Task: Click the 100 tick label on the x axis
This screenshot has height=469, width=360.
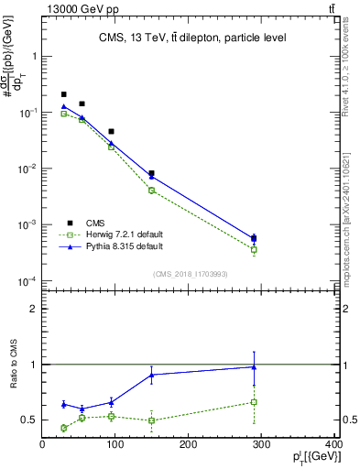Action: tap(115, 445)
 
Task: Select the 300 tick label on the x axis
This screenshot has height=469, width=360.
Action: tap(261, 445)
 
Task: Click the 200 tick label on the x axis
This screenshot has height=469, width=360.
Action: tap(189, 445)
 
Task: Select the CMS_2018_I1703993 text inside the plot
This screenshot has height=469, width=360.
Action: tap(191, 273)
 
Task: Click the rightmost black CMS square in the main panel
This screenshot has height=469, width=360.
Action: tap(254, 238)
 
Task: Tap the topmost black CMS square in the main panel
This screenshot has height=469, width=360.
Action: tap(63, 94)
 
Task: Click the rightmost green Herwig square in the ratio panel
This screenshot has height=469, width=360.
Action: tap(254, 401)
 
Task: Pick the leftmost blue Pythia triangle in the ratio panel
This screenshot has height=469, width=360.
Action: tap(63, 404)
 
